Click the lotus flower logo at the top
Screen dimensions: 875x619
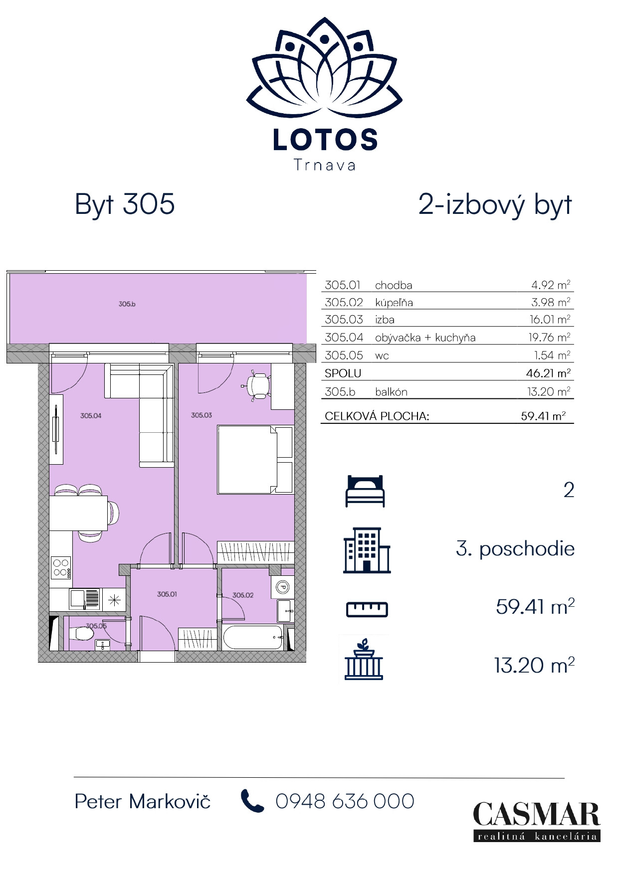click(324, 67)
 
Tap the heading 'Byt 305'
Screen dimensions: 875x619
click(125, 204)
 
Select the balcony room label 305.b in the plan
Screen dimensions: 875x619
click(127, 304)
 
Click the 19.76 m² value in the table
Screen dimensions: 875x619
click(549, 338)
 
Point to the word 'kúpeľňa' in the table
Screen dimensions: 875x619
click(394, 303)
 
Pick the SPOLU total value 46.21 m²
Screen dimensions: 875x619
click(548, 373)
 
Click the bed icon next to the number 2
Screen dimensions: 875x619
click(365, 491)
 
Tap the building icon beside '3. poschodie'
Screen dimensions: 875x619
click(366, 550)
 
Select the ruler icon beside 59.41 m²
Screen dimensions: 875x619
click(367, 609)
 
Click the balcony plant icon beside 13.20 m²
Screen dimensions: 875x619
click(364, 659)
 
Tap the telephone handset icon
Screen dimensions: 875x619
click(252, 801)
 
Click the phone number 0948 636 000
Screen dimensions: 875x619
click(345, 801)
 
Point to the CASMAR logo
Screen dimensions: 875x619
click(536, 821)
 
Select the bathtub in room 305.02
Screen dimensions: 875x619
click(252, 637)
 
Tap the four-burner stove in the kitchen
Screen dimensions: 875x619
click(60, 567)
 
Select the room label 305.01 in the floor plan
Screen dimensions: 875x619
click(167, 594)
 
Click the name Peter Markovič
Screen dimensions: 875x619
click(142, 801)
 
